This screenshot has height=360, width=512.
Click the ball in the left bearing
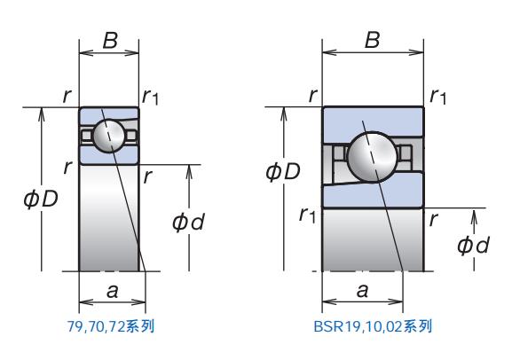[109, 136]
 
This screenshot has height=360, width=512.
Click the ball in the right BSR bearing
[373, 157]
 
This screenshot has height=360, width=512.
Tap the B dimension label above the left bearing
[110, 41]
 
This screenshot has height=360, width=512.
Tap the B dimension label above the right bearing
[373, 40]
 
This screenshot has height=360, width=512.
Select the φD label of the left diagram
[41, 199]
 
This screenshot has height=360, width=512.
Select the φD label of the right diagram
[283, 171]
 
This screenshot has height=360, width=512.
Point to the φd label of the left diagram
[188, 223]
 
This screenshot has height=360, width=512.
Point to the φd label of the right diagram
[473, 245]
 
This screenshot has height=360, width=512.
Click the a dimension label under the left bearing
[113, 291]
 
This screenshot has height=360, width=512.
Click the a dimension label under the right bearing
[362, 290]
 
